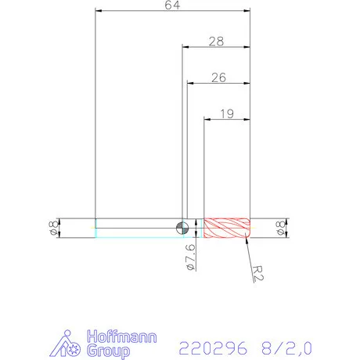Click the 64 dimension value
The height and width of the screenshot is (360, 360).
[172, 5]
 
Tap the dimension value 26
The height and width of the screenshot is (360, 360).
[218, 77]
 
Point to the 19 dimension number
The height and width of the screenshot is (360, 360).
[227, 113]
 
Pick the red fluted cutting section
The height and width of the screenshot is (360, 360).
[226, 228]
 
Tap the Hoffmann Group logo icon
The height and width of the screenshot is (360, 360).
[71, 345]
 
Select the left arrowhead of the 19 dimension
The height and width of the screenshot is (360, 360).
[207, 119]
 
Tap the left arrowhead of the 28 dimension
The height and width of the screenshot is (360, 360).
[185, 47]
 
